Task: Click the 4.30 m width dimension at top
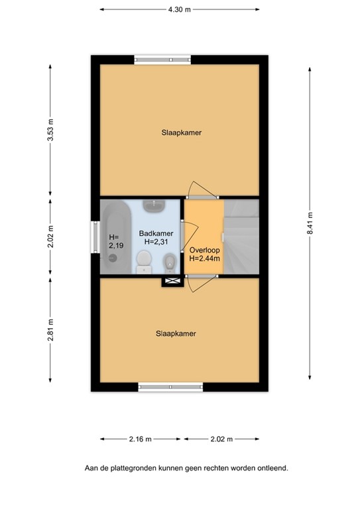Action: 180,10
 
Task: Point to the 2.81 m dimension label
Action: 50,329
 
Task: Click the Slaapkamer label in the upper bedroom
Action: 181,133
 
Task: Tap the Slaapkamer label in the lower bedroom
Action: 176,333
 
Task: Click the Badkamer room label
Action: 156,233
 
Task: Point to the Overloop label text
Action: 204,250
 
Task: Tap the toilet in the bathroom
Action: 143,261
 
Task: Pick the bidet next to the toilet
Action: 170,264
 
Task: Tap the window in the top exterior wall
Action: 162,58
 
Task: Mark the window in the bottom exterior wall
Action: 168,386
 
